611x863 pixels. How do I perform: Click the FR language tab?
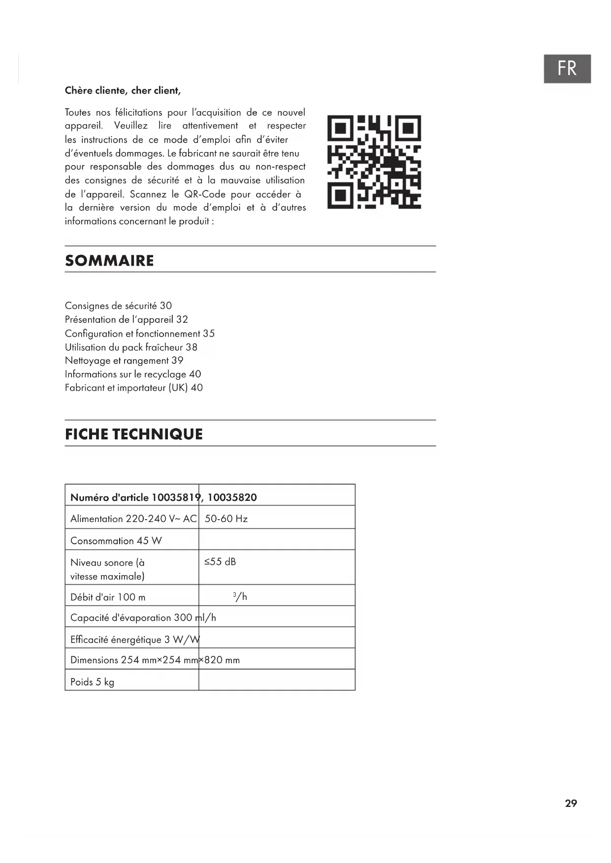pyautogui.click(x=567, y=68)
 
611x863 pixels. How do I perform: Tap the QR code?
pyautogui.click(x=374, y=162)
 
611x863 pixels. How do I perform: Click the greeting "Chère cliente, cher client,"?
pyautogui.click(x=123, y=91)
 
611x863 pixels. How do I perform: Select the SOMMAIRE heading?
pyautogui.click(x=109, y=260)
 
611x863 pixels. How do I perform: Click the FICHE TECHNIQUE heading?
pyautogui.click(x=134, y=434)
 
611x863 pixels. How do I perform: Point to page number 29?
pyautogui.click(x=571, y=803)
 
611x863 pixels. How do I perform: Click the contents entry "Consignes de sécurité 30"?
pyautogui.click(x=118, y=306)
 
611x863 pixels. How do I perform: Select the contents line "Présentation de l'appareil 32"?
pyautogui.click(x=127, y=319)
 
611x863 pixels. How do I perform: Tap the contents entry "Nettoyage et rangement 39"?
pyautogui.click(x=124, y=361)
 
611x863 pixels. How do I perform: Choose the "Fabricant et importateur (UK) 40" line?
pyautogui.click(x=134, y=388)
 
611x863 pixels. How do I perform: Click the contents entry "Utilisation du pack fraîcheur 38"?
pyautogui.click(x=131, y=347)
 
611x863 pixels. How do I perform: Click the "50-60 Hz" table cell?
pyautogui.click(x=226, y=519)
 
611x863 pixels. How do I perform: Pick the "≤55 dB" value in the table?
pyautogui.click(x=220, y=562)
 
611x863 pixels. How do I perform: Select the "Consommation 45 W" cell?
pyautogui.click(x=116, y=541)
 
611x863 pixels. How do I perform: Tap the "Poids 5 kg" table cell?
pyautogui.click(x=93, y=682)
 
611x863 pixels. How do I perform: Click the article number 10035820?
pyautogui.click(x=232, y=497)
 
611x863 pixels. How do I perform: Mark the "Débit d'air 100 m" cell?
pyautogui.click(x=108, y=597)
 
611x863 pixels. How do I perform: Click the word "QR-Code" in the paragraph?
pyautogui.click(x=205, y=194)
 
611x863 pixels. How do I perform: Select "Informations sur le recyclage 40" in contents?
pyautogui.click(x=133, y=374)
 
